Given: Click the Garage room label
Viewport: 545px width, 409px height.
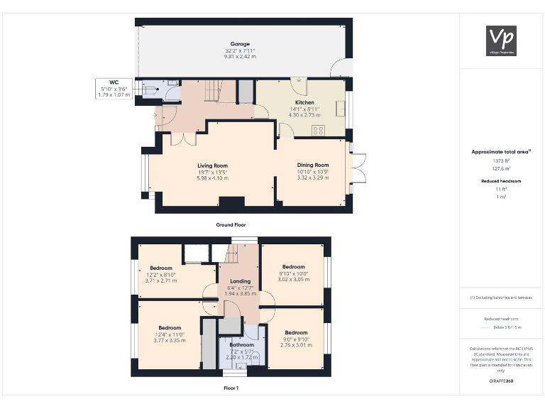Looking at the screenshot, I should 239,44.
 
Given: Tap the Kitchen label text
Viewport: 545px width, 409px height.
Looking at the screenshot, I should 304,102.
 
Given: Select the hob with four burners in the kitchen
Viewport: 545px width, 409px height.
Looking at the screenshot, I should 319,130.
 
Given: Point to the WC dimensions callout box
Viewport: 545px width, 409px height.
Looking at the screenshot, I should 114,88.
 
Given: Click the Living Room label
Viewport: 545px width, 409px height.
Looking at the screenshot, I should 211,165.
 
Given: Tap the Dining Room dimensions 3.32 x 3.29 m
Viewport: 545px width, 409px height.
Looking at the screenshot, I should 313,178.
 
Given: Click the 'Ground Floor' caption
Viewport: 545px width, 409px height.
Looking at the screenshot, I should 231,224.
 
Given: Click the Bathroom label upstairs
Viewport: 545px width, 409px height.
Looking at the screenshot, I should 241,345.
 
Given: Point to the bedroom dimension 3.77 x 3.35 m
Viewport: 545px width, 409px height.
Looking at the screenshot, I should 170,340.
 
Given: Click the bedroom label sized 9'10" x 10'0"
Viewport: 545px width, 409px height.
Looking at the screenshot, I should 294,267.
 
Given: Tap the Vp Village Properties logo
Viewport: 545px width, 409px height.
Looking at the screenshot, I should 502,40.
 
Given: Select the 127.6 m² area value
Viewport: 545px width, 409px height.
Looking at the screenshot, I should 502,169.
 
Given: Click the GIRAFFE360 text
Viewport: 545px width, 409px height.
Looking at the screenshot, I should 502,381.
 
